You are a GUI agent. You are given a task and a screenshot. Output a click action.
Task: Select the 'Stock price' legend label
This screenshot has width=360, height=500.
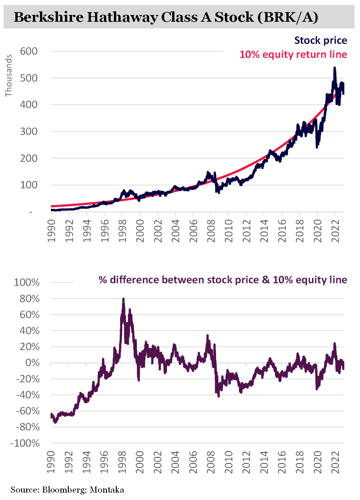pos(320,41)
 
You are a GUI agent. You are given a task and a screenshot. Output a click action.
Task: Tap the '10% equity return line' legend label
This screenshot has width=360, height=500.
pos(293,55)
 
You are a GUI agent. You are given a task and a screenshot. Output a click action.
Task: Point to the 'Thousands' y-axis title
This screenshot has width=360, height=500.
pos(9,76)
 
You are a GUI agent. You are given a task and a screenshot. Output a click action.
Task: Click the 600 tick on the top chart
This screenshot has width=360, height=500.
pos(29,51)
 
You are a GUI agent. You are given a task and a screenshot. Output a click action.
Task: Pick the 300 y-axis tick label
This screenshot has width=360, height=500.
pos(29,131)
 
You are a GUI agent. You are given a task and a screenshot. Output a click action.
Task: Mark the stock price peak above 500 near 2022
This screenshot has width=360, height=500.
pos(334,68)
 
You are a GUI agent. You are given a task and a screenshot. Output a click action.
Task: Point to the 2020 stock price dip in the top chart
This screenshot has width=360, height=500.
pos(317,146)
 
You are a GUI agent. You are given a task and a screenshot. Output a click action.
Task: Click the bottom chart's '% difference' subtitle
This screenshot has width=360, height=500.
pos(223,280)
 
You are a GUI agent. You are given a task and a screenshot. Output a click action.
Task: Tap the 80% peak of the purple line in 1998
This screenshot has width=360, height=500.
pos(123,299)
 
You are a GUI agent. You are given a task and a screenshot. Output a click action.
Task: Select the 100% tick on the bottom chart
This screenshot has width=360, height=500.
pos(27,283)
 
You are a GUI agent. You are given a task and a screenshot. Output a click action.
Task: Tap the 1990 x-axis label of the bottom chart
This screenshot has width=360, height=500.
pos(51,462)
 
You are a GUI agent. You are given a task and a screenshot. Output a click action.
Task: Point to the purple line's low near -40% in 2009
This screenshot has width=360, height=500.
pos(219,396)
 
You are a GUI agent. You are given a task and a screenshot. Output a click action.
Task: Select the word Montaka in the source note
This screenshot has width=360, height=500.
pos(107,490)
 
